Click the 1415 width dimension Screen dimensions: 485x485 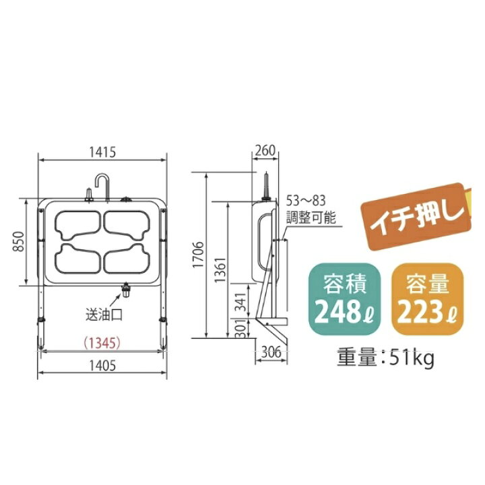(x=102, y=152)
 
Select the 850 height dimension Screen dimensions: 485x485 (x=19, y=242)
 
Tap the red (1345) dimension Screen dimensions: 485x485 (x=102, y=343)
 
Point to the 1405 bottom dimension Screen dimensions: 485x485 (x=102, y=366)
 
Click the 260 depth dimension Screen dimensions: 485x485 (x=265, y=150)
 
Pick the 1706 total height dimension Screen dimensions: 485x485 (x=198, y=255)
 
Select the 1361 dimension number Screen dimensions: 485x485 (x=220, y=269)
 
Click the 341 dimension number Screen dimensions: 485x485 (x=242, y=302)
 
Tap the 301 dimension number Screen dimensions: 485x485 (x=243, y=328)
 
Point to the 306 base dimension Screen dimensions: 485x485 (x=271, y=352)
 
